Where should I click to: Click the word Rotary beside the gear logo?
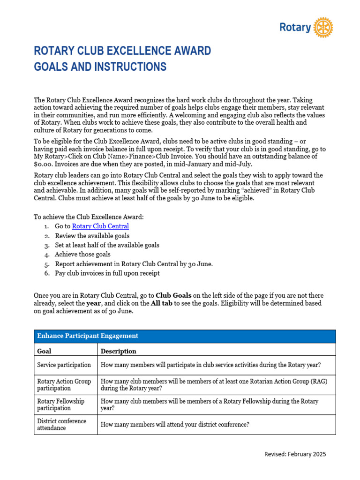pyautogui.click(x=295, y=28)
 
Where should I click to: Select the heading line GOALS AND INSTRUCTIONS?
pyautogui.click(x=100, y=67)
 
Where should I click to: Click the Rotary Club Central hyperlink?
pyautogui.click(x=100, y=226)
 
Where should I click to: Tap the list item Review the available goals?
pyautogui.click(x=92, y=236)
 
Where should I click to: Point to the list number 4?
pyautogui.click(x=47, y=255)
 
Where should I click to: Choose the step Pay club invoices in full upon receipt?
pyautogui.click(x=107, y=273)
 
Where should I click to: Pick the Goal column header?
pyautogui.click(x=44, y=351)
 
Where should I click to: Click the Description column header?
pyautogui.click(x=119, y=351)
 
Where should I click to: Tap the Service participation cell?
pyautogui.click(x=64, y=365)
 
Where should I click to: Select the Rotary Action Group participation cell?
pyautogui.click(x=64, y=385)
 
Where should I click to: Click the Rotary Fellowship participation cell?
pyautogui.click(x=61, y=405)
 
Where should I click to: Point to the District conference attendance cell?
pyautogui.click(x=62, y=424)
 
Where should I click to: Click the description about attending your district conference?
pyautogui.click(x=175, y=425)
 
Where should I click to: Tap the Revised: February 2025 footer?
pyautogui.click(x=295, y=454)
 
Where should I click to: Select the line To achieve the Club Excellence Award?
pyautogui.click(x=89, y=217)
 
